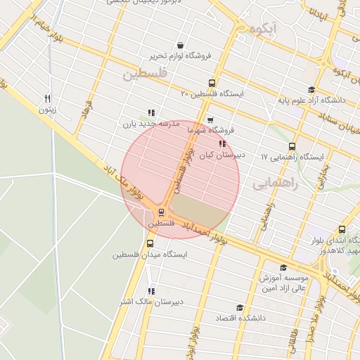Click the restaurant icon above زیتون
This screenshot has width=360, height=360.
coord(48,98)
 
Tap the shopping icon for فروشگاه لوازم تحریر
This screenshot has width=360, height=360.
coord(181,44)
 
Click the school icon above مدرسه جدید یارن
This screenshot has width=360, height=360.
coord(150,112)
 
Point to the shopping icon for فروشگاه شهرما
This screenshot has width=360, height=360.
coord(210,120)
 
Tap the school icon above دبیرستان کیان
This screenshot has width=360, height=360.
coord(223,143)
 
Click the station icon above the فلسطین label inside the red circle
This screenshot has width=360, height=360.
coord(162,211)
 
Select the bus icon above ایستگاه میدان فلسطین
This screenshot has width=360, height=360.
coord(149,244)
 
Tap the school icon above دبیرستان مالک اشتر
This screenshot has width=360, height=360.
coord(150,291)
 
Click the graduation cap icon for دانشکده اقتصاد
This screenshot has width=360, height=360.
coord(239,307)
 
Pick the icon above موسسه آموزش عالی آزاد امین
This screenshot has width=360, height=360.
coord(283,267)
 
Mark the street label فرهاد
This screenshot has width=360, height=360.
coord(87,110)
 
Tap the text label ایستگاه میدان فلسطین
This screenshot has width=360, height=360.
coord(149,255)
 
